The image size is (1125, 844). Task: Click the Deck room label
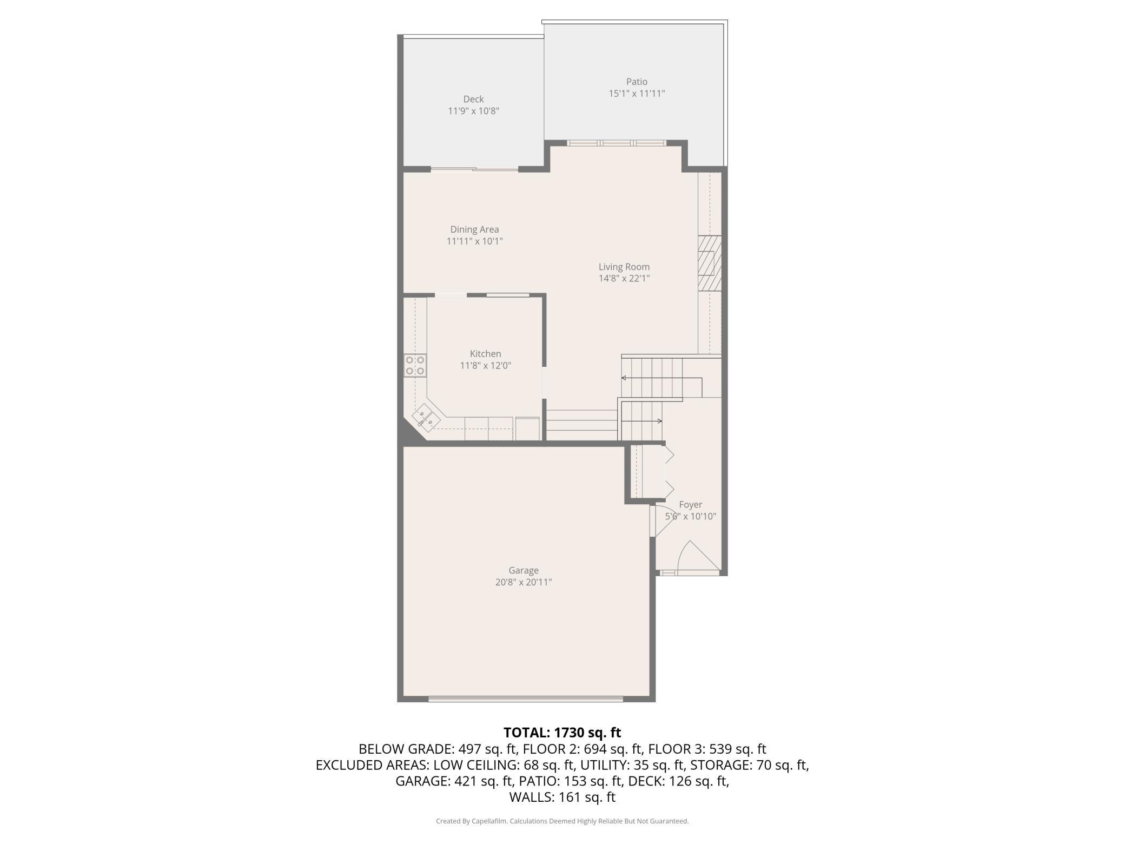[x=473, y=99]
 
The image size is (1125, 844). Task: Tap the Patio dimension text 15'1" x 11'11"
[x=637, y=93]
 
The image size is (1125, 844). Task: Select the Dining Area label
[x=474, y=229]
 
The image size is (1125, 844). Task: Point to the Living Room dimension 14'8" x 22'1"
[x=624, y=279]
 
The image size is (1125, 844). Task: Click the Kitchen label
[x=485, y=354]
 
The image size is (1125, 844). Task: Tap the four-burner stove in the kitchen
[x=415, y=365]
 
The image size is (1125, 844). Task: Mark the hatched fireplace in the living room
[x=709, y=263]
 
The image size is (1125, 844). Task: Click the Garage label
[x=524, y=570]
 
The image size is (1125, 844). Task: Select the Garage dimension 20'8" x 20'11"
[x=524, y=582]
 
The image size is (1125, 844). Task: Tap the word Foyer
[x=691, y=505]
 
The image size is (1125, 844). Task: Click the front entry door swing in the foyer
[x=698, y=556]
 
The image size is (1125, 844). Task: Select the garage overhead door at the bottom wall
[x=526, y=699]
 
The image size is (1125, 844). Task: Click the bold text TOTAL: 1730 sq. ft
[x=562, y=733]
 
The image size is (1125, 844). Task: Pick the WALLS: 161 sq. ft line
[x=562, y=797]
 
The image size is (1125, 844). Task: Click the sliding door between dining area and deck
[x=474, y=169]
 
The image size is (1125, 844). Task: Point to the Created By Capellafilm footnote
[x=562, y=821]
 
